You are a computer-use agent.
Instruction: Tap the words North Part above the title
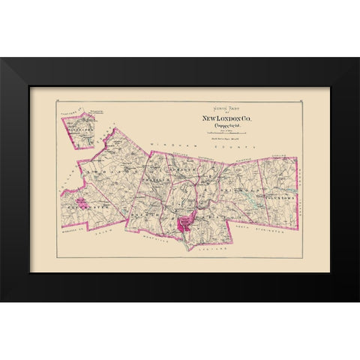pos(220,109)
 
